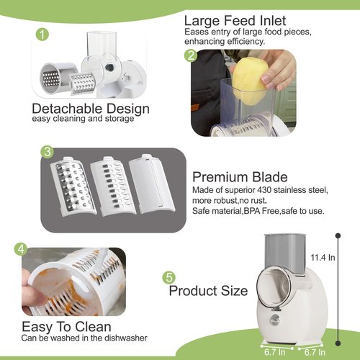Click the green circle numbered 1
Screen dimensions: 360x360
(x=42, y=35)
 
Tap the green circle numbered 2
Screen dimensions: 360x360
(x=192, y=55)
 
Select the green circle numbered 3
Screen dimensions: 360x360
(x=46, y=152)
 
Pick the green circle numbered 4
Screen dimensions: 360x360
(x=22, y=250)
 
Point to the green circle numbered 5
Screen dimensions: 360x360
(x=170, y=276)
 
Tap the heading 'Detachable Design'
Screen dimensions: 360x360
(x=91, y=109)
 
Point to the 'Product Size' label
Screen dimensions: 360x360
(x=208, y=291)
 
